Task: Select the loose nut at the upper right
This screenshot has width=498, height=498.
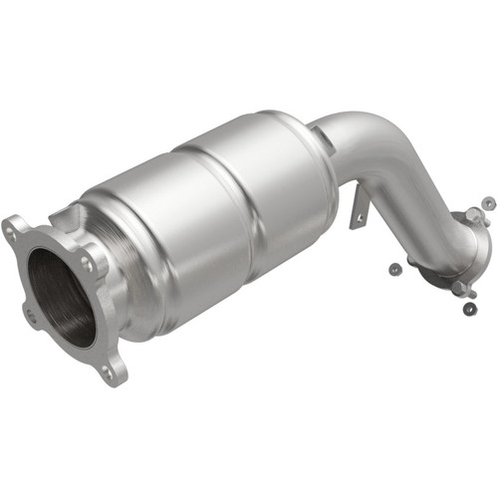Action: point(487,203)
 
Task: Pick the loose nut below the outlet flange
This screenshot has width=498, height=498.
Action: point(469,308)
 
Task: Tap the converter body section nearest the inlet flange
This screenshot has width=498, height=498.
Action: point(149,249)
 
